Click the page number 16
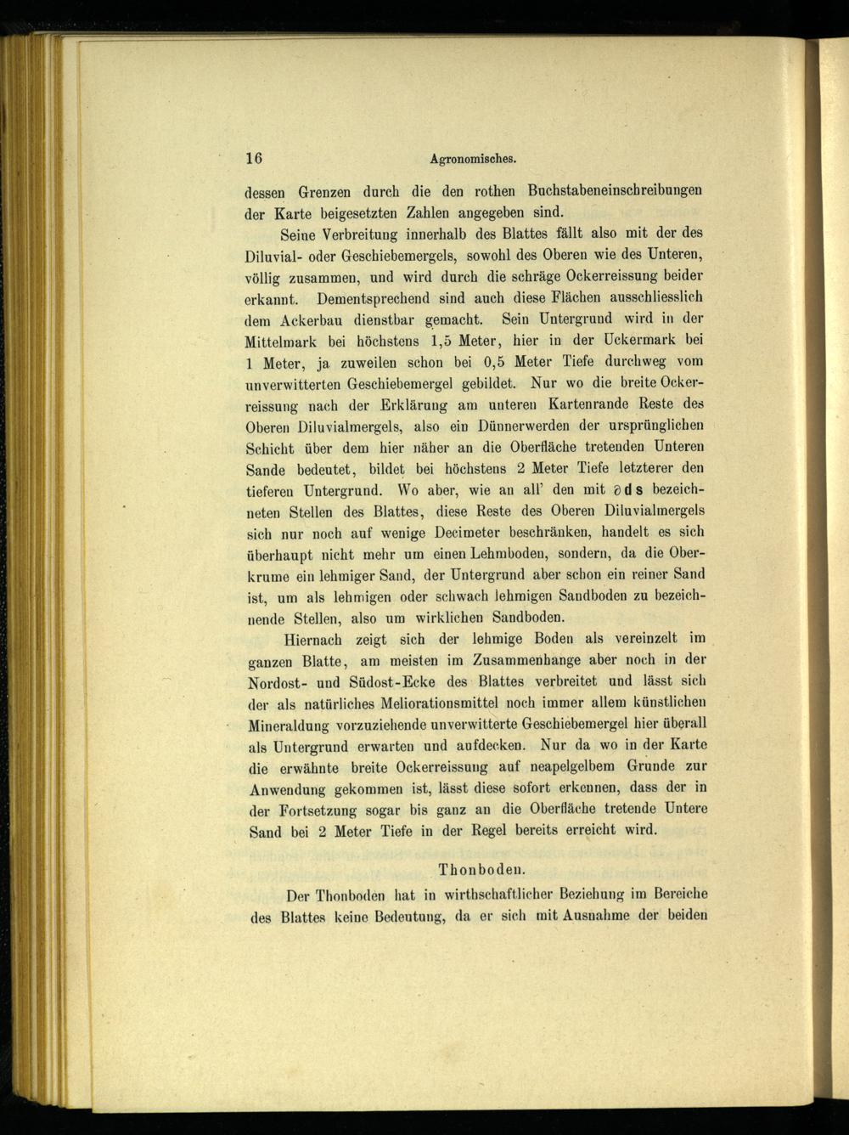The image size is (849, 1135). pyautogui.click(x=254, y=158)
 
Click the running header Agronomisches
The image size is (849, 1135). pyautogui.click(x=474, y=159)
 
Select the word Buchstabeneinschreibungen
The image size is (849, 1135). pyautogui.click(x=615, y=190)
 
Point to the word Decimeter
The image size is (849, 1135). pyautogui.click(x=465, y=534)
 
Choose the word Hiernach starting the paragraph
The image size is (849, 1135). pyautogui.click(x=312, y=640)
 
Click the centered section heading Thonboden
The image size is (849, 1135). pyautogui.click(x=481, y=870)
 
